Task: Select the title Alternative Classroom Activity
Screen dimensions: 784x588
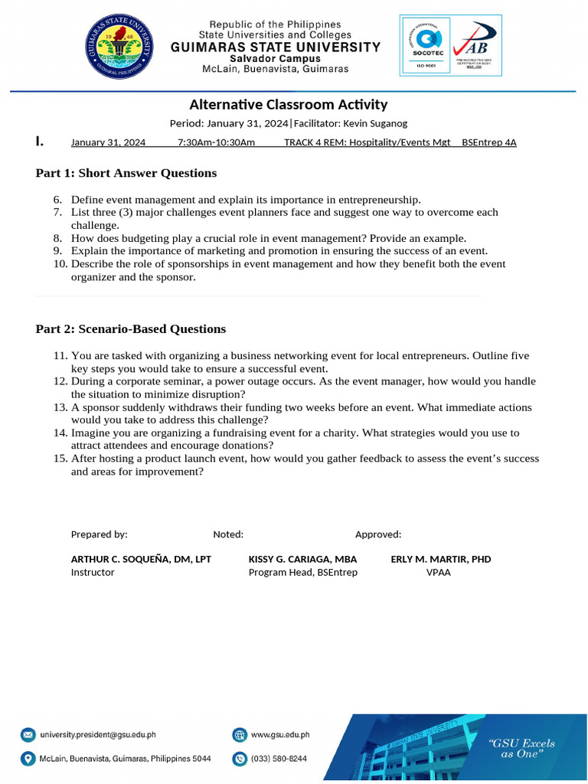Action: pos(289,105)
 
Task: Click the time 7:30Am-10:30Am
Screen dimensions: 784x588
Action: pos(216,142)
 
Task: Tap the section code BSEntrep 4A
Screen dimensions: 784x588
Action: pos(489,142)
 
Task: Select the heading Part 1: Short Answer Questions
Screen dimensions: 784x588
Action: pos(126,173)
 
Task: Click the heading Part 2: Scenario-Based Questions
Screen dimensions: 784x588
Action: pos(131,329)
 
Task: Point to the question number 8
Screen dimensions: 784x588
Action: pos(57,238)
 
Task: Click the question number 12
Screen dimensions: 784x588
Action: pos(60,381)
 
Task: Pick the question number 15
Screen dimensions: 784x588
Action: pos(60,459)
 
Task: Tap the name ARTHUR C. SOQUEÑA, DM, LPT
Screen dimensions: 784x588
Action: pos(141,559)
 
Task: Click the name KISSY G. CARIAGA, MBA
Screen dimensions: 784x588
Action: pos(302,559)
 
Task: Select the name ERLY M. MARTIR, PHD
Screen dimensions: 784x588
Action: pos(441,559)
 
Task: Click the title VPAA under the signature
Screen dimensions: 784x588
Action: pos(439,572)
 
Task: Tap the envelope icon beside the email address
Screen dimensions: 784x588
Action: pos(28,735)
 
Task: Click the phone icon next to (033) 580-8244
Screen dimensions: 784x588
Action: pos(240,759)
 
